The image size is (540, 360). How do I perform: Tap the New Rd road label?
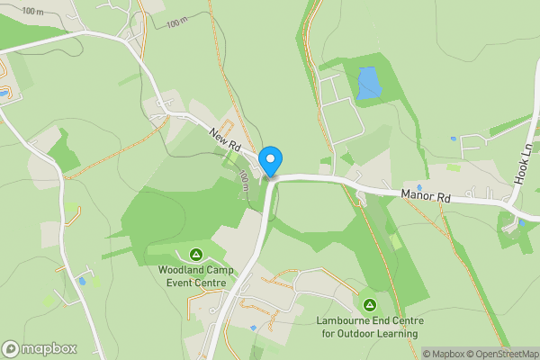pos(226,139)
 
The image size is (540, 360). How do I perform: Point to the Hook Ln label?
pos(524,163)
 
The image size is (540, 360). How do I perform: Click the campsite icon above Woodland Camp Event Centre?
pos(195,255)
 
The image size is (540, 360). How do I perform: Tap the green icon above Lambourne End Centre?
pos(370,305)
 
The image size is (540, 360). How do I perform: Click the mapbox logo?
pos(40,348)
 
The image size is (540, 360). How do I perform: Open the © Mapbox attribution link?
pos(444,354)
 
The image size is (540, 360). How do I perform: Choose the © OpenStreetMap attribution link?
pos(504,354)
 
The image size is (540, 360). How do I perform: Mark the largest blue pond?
pos(368,83)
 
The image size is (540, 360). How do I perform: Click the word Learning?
pos(397,334)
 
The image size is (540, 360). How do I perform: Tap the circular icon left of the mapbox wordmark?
pos(11,348)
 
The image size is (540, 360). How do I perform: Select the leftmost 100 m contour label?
pos(33,11)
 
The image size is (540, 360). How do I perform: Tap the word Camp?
pos(221,270)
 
